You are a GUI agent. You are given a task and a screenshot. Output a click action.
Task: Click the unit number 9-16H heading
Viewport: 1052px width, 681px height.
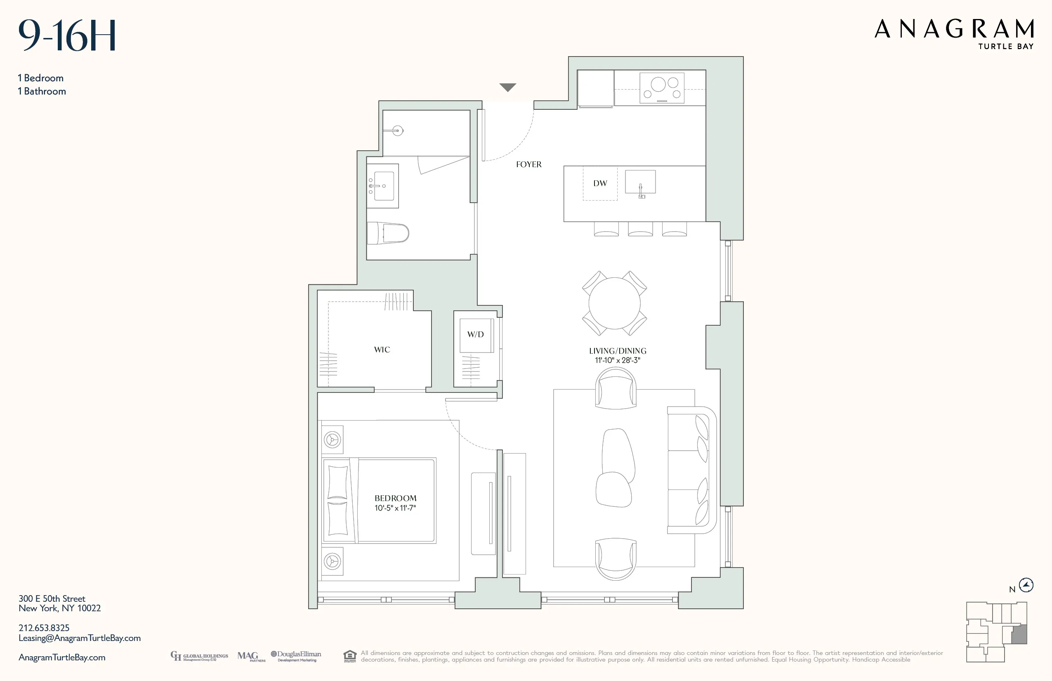point(67,35)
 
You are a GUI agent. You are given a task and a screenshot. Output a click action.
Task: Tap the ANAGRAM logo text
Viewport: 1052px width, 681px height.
point(954,29)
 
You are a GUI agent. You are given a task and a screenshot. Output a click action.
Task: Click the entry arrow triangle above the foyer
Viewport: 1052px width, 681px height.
point(507,87)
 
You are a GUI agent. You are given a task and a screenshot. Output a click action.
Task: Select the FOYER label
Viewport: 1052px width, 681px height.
point(528,165)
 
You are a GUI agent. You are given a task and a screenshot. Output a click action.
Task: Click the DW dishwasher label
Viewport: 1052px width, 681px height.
point(600,183)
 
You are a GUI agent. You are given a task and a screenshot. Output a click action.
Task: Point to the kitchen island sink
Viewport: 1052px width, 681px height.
point(640,182)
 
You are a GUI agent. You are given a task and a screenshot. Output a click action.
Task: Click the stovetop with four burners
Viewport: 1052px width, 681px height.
point(662,88)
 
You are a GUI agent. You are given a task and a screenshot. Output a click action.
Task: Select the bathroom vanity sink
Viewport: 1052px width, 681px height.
point(383,186)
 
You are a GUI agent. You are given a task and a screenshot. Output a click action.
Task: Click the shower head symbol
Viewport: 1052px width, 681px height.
point(398,130)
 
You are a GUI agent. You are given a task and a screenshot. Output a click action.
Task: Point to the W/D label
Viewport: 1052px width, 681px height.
point(475,334)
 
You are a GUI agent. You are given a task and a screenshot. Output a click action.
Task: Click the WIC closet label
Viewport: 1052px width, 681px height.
point(382,350)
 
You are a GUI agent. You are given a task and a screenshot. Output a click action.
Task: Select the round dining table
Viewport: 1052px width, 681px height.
point(614,303)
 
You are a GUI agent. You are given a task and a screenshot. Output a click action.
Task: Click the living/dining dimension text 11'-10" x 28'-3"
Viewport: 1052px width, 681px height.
point(618,360)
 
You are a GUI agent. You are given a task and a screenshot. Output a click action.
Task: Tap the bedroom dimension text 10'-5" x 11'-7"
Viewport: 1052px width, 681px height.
point(395,508)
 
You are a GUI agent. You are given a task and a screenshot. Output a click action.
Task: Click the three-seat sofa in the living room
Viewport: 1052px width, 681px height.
point(691,470)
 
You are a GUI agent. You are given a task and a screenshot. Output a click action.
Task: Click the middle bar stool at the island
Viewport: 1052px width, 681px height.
point(640,229)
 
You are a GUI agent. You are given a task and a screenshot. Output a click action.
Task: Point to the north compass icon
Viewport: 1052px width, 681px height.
point(1026,586)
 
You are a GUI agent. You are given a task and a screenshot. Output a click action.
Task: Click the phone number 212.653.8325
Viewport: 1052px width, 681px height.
point(44,628)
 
